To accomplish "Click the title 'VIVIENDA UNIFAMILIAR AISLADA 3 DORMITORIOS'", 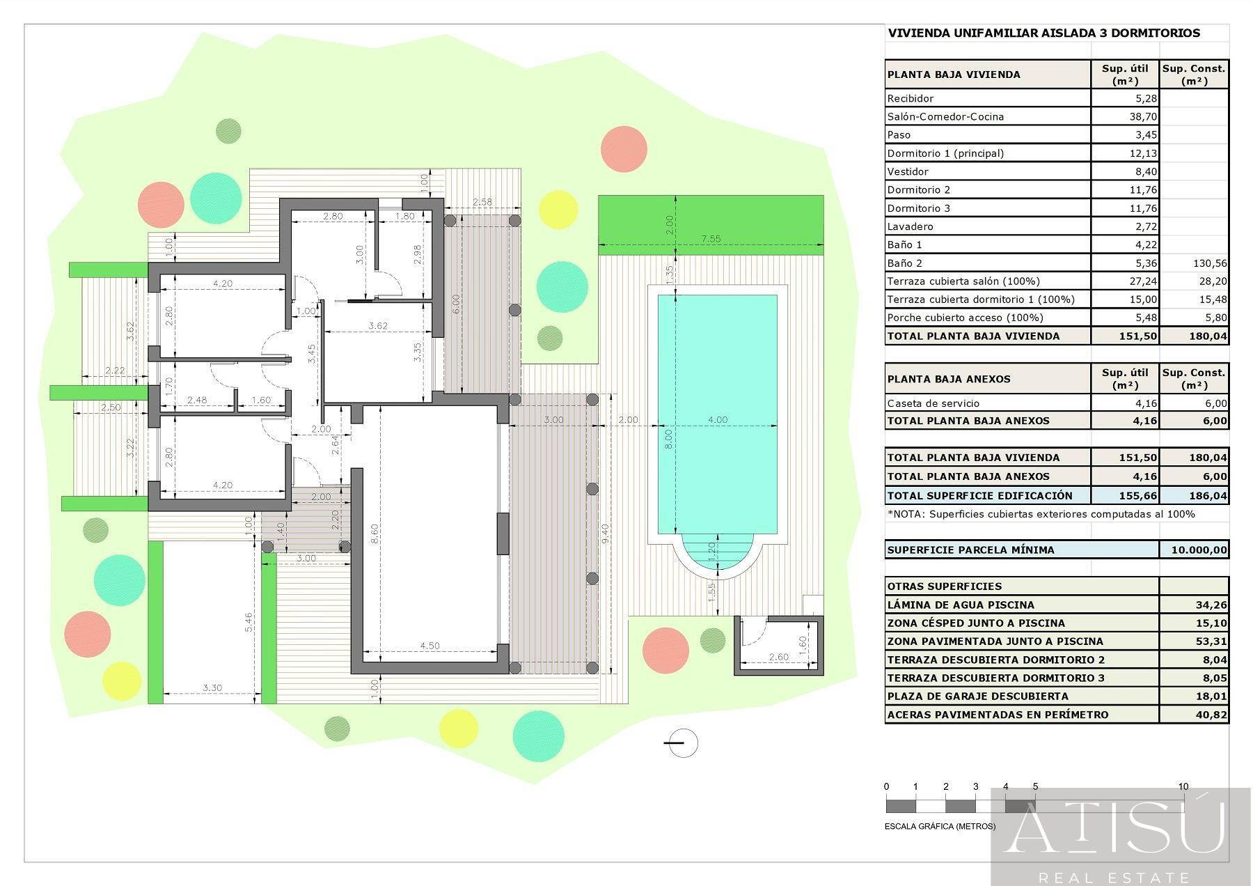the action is click(1044, 33).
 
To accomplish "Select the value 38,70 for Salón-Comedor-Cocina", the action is click(1143, 116).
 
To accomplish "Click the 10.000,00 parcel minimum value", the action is click(1199, 550).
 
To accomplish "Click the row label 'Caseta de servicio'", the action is click(933, 403).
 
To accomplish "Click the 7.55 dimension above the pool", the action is click(711, 238).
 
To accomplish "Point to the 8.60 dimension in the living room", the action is click(375, 534).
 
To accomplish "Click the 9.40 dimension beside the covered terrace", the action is click(606, 534).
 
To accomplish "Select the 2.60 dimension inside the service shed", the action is click(779, 657).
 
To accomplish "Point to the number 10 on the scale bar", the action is click(1183, 786).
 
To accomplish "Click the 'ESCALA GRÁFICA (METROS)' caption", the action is click(940, 827).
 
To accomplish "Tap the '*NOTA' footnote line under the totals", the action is click(1041, 514).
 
